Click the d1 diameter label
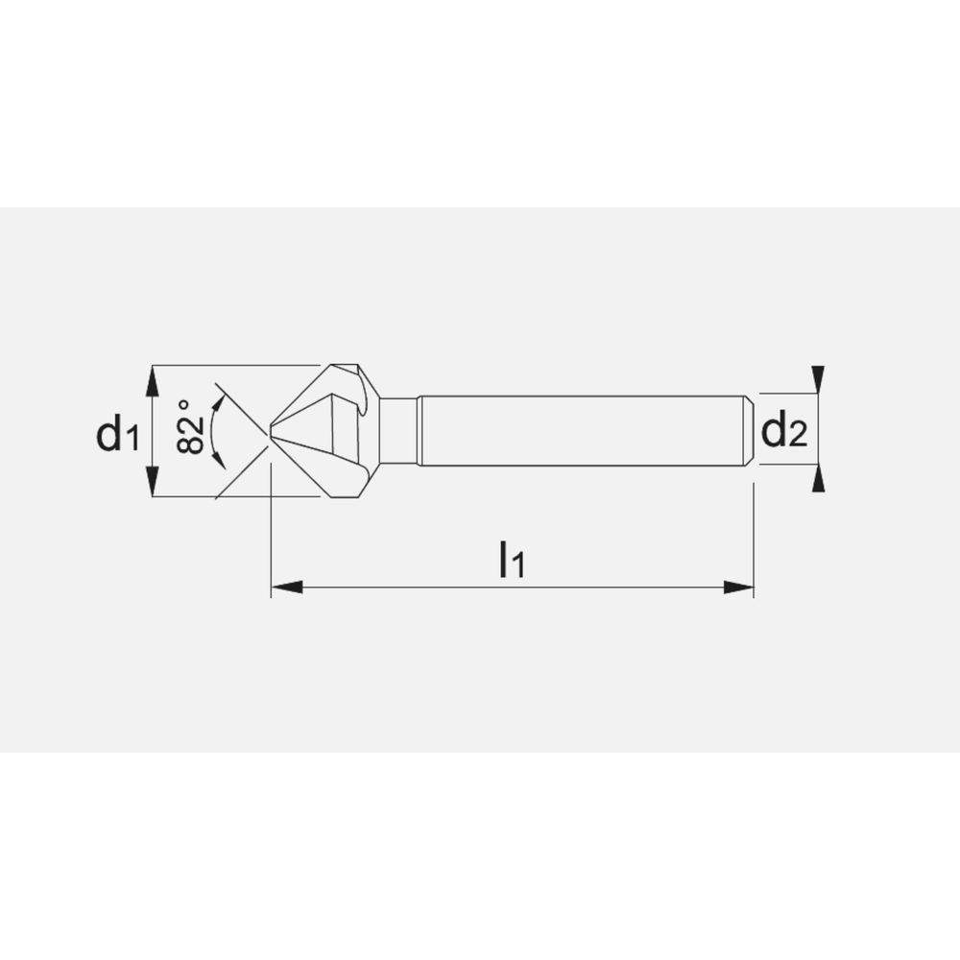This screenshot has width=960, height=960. point(118,434)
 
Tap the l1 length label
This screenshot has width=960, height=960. point(512,559)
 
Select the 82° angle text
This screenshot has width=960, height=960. point(190,427)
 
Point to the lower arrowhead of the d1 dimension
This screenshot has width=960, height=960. point(153,481)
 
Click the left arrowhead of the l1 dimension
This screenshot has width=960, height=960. point(286,588)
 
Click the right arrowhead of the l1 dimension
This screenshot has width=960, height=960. point(738,588)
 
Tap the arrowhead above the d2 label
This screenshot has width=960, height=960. point(817,379)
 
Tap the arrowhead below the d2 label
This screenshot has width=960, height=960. point(817,478)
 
